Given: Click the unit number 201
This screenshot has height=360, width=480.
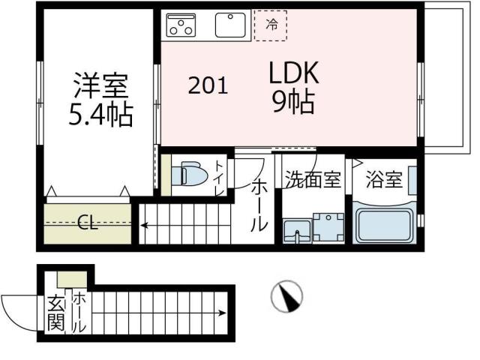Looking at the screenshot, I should click(x=208, y=86).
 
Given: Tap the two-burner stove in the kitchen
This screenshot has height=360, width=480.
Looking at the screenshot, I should click(x=181, y=25).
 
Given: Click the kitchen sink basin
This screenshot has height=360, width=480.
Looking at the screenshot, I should click(x=232, y=25).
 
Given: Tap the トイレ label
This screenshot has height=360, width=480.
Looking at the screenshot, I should click(x=219, y=178).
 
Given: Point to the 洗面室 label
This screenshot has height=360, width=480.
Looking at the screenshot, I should click(x=312, y=180).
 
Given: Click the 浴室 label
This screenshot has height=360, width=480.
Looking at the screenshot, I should click(x=384, y=180).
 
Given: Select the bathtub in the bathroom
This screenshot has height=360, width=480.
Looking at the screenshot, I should click(x=383, y=224).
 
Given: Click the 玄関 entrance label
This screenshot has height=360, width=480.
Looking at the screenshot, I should click(x=55, y=314).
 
